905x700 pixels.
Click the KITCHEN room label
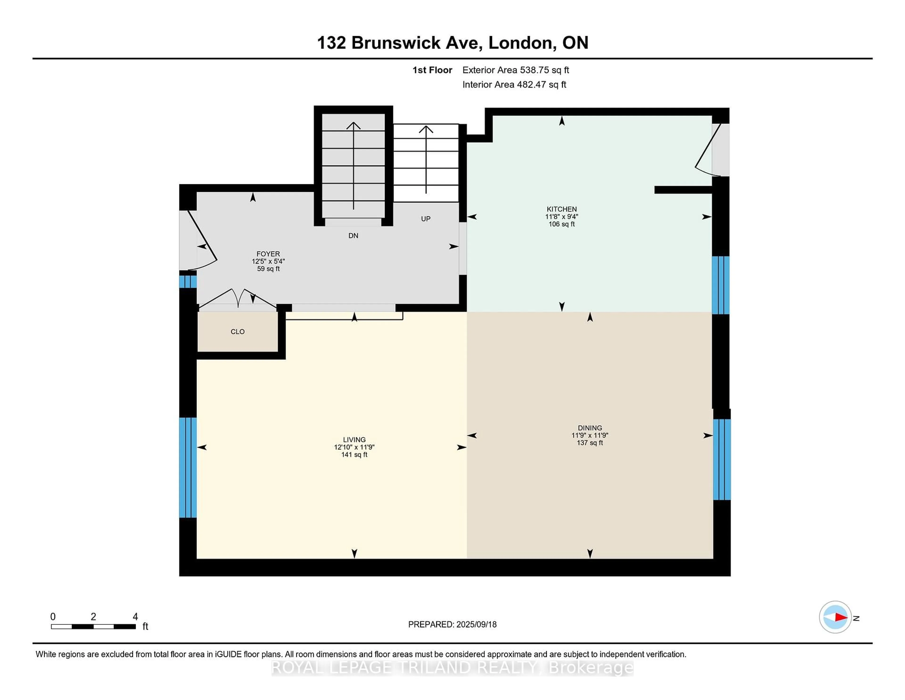point(561,209)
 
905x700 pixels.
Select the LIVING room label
point(354,440)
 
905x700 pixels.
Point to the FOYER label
point(268,254)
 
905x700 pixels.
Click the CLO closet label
point(237,332)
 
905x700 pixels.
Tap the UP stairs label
point(426,219)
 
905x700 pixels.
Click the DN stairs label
point(353,236)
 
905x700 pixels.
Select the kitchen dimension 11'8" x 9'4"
point(561,217)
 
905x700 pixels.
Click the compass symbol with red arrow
point(835,617)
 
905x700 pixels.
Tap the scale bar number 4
point(135,617)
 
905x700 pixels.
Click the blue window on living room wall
point(188,467)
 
